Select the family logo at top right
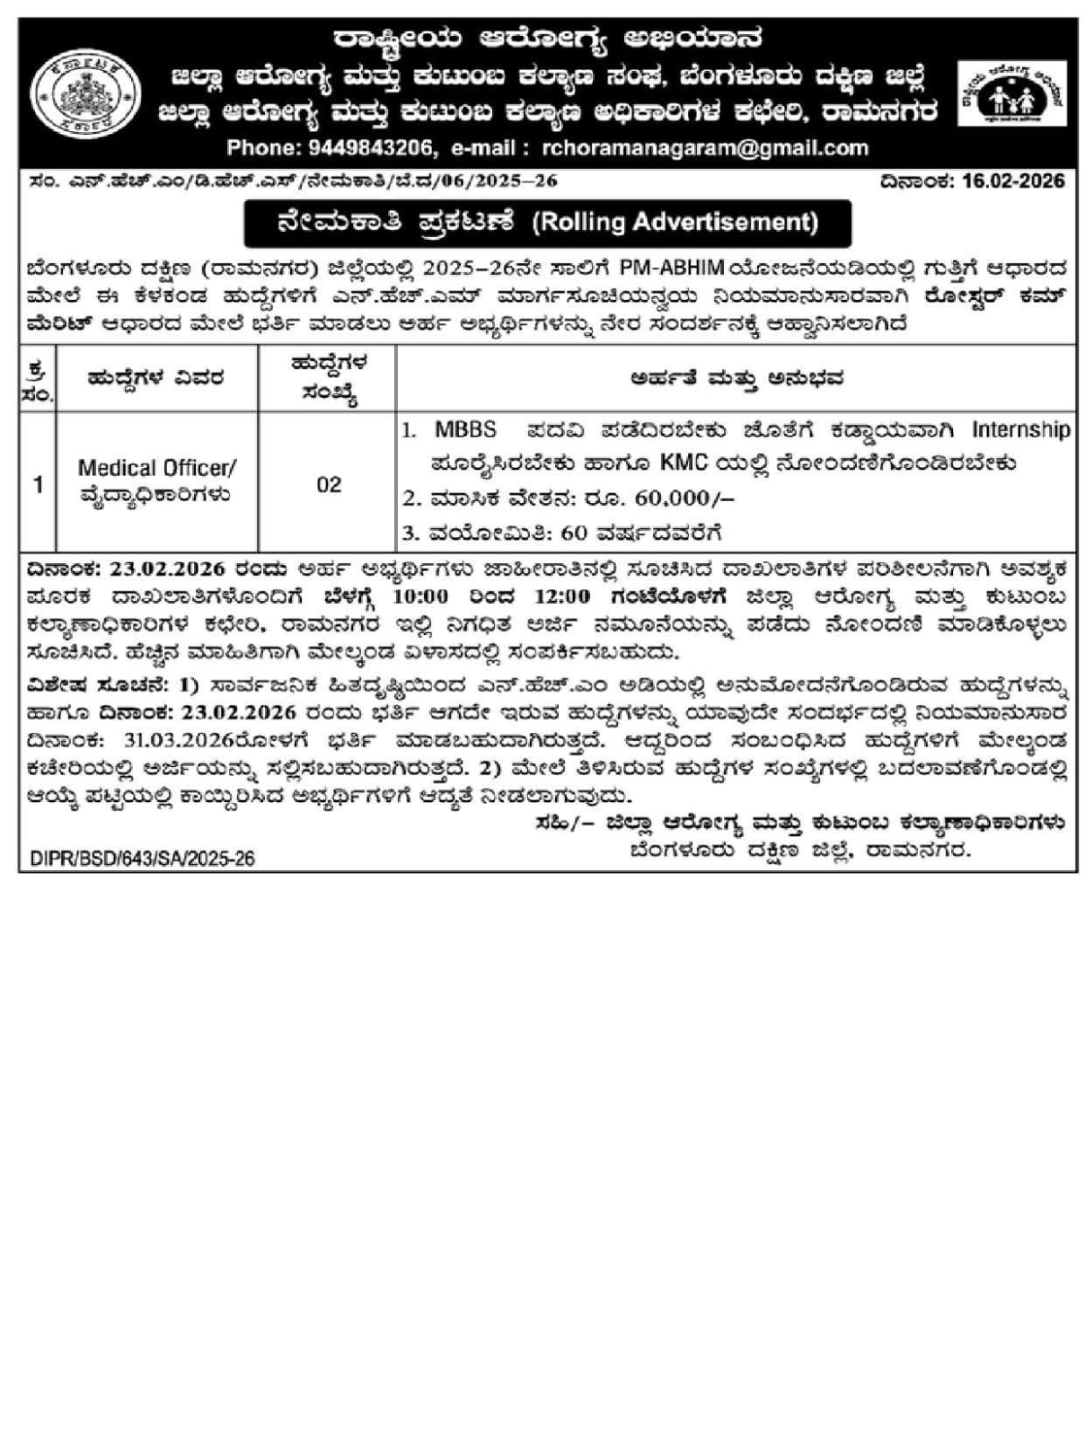pyautogui.click(x=1011, y=94)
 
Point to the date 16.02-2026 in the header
pyautogui.click(x=1012, y=181)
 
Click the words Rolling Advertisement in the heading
pyautogui.click(x=675, y=222)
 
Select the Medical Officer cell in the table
pyautogui.click(x=157, y=481)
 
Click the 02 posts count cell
pyautogui.click(x=329, y=484)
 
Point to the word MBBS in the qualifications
pyautogui.click(x=465, y=429)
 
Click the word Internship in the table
pyautogui.click(x=1021, y=429)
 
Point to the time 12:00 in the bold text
pyautogui.click(x=563, y=596)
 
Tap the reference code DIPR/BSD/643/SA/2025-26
pyautogui.click(x=142, y=859)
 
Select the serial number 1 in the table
pyautogui.click(x=38, y=484)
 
